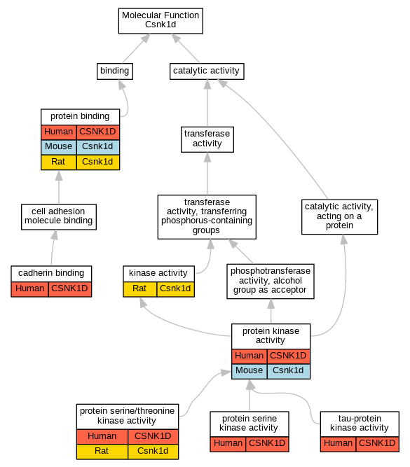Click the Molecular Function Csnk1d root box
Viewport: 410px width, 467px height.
(x=160, y=21)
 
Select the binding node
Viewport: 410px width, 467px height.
(x=115, y=71)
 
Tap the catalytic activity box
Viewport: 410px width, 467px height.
(x=207, y=71)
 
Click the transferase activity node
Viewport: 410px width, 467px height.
(x=207, y=139)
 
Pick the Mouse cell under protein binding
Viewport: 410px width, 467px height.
(x=59, y=147)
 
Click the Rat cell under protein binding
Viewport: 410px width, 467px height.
(x=59, y=162)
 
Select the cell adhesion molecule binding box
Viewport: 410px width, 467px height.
(x=59, y=217)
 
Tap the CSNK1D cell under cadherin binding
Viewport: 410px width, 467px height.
(x=70, y=289)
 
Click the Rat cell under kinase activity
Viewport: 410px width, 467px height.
(x=140, y=289)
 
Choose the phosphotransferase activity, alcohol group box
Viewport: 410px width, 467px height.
(x=271, y=281)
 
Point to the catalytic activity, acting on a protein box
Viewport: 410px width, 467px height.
(x=340, y=217)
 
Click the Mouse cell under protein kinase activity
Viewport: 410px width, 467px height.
(x=250, y=371)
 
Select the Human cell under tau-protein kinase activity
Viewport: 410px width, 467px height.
(x=338, y=444)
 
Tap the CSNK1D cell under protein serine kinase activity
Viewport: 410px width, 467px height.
(x=267, y=444)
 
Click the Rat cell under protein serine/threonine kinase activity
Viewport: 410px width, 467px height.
(x=102, y=452)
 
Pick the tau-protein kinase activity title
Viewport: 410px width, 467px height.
(x=360, y=424)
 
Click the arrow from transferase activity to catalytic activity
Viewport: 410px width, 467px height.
(x=207, y=103)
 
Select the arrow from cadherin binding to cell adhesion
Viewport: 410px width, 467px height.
(x=53, y=248)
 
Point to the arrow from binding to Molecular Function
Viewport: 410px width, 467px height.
(x=136, y=48)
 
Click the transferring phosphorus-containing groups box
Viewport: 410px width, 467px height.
(x=207, y=217)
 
